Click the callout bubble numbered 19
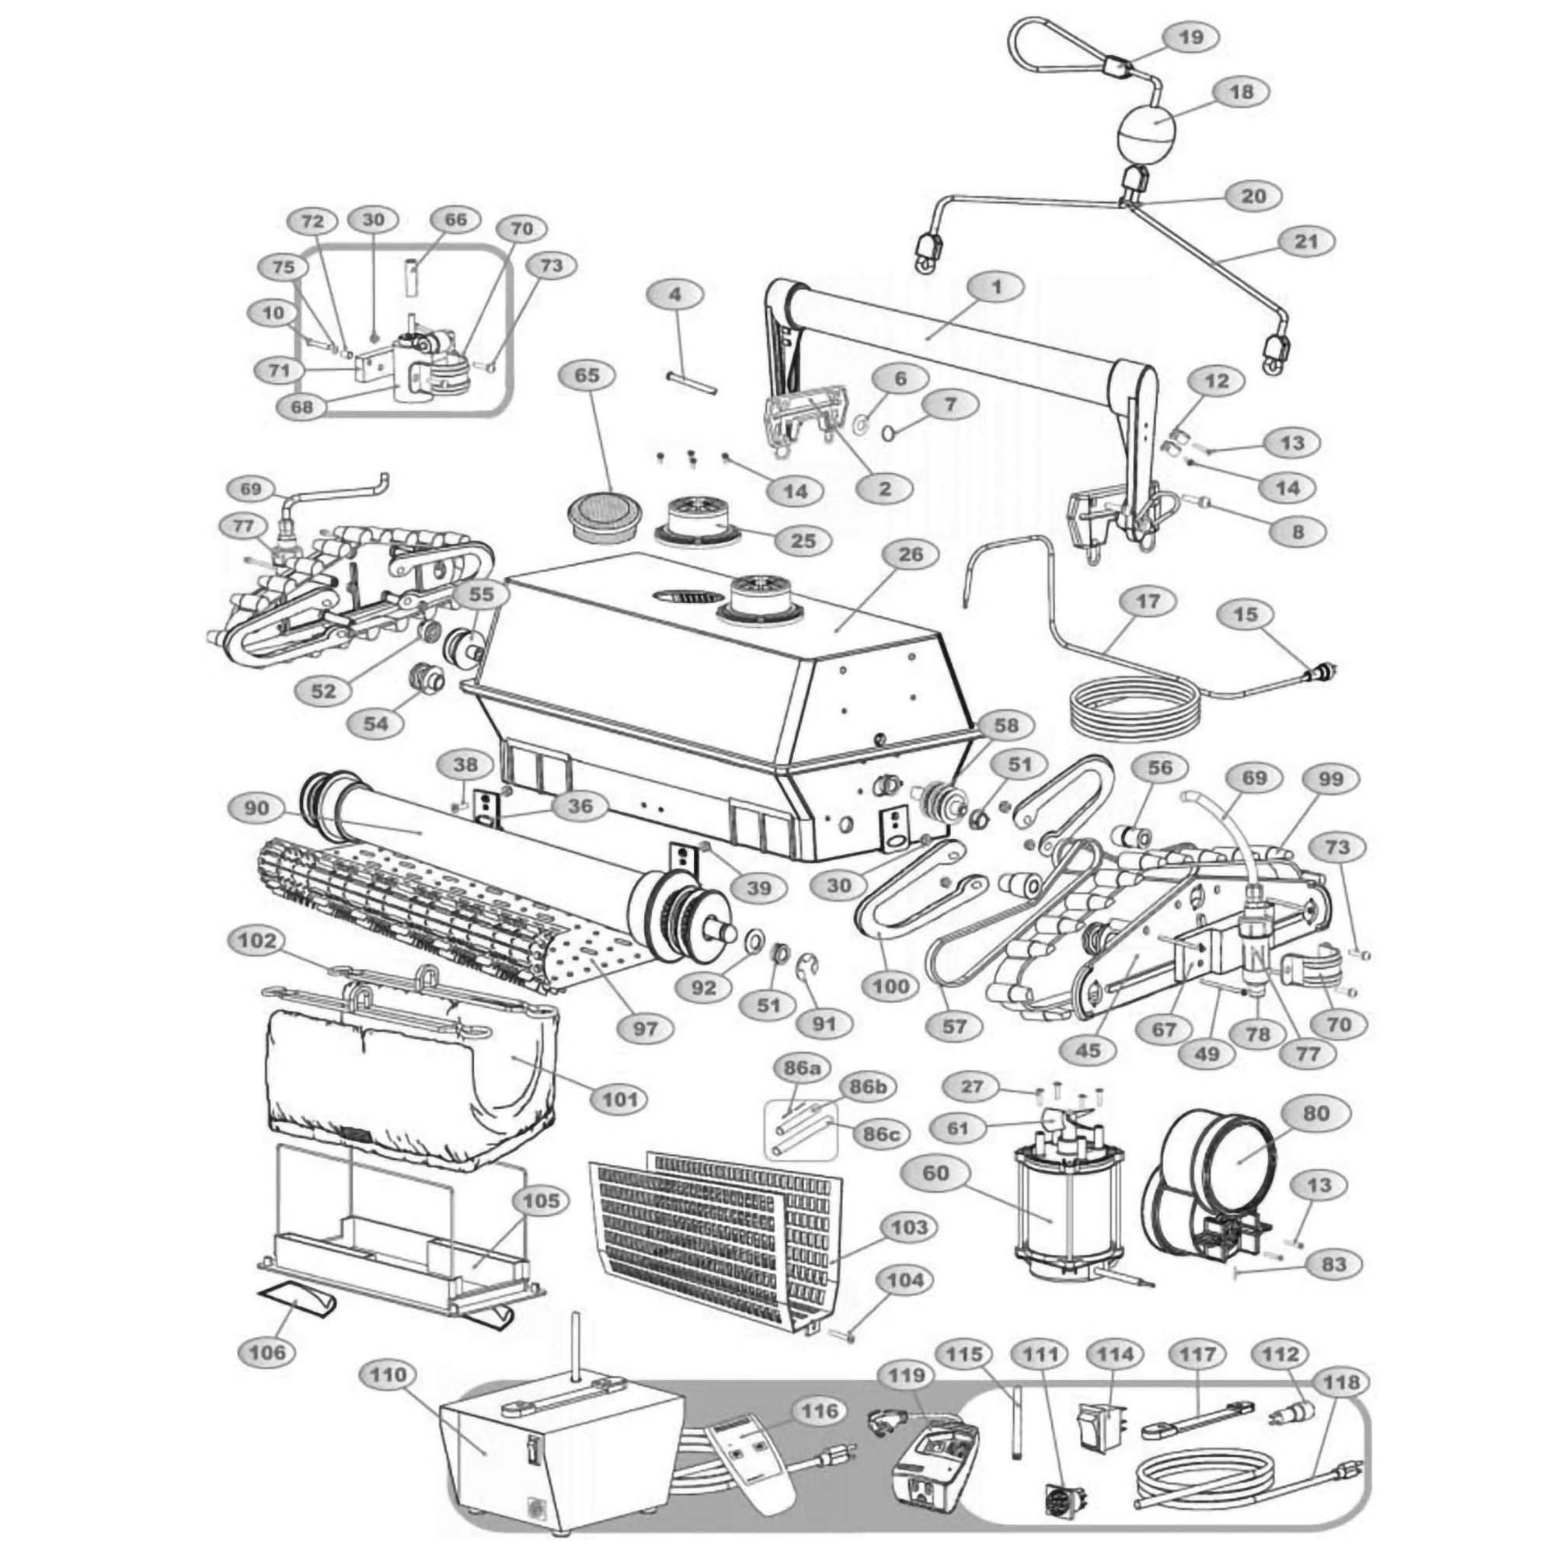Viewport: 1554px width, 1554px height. [1191, 38]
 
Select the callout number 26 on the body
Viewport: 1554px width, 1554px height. [910, 555]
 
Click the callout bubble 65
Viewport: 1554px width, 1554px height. [588, 376]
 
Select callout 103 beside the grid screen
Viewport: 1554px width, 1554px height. [910, 1228]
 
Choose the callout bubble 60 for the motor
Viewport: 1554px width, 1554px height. [936, 1173]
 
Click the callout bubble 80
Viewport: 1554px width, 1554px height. [1316, 1114]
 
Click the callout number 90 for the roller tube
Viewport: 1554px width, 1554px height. [257, 808]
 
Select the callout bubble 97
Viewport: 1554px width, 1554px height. [645, 1029]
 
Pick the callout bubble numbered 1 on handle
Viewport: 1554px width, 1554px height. [997, 287]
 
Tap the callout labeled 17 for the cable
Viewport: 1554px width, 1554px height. [1148, 601]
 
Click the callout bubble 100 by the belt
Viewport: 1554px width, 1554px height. [890, 987]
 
